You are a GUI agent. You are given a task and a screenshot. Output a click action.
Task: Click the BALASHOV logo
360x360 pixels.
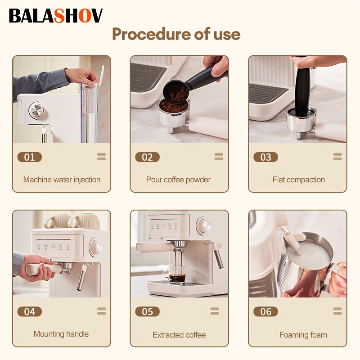tap(55, 16)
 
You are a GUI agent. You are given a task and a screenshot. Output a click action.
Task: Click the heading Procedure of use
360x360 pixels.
tap(176, 34)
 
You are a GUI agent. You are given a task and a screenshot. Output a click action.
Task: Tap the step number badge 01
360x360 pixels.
tap(30, 157)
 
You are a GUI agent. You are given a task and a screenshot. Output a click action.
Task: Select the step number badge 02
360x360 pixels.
tap(148, 157)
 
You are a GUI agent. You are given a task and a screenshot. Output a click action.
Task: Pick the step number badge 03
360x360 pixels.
tap(265, 157)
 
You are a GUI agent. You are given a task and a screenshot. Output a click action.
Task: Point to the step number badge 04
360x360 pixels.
tap(30, 311)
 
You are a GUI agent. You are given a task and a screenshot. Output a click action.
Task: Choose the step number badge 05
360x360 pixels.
tap(148, 311)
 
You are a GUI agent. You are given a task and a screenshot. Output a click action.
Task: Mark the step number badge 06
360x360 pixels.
tap(265, 311)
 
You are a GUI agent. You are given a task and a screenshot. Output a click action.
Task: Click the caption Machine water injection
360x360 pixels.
tap(62, 180)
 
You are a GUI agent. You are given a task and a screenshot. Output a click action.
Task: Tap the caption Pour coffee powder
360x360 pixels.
tap(178, 180)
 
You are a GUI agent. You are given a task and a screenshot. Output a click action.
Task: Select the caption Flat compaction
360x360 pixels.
tap(299, 180)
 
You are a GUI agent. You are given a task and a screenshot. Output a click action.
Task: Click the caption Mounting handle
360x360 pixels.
tap(61, 334)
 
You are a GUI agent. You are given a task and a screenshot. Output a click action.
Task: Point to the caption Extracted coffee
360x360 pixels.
tap(179, 335)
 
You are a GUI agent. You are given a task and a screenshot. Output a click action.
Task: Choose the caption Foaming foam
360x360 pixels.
tap(303, 335)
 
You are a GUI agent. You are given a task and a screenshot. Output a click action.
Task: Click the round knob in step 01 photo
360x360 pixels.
tap(36, 110)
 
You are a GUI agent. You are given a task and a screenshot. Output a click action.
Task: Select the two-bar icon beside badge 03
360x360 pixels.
tap(337, 157)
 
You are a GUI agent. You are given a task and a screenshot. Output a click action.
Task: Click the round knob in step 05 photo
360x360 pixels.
tap(204, 225)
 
